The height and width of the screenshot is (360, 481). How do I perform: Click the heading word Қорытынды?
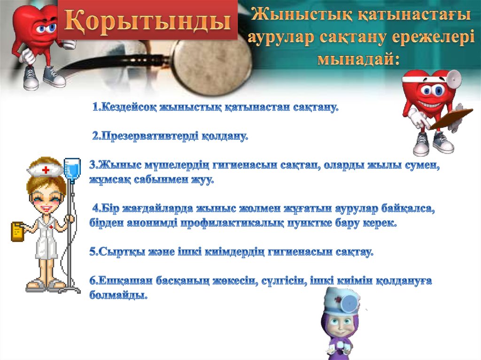point(147,20)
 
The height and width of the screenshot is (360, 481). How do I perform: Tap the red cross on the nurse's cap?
point(46,169)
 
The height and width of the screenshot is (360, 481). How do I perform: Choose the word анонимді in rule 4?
point(152,223)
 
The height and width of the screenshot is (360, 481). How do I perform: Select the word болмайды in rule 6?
point(118,295)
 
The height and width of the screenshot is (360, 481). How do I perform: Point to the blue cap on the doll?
point(341,300)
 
